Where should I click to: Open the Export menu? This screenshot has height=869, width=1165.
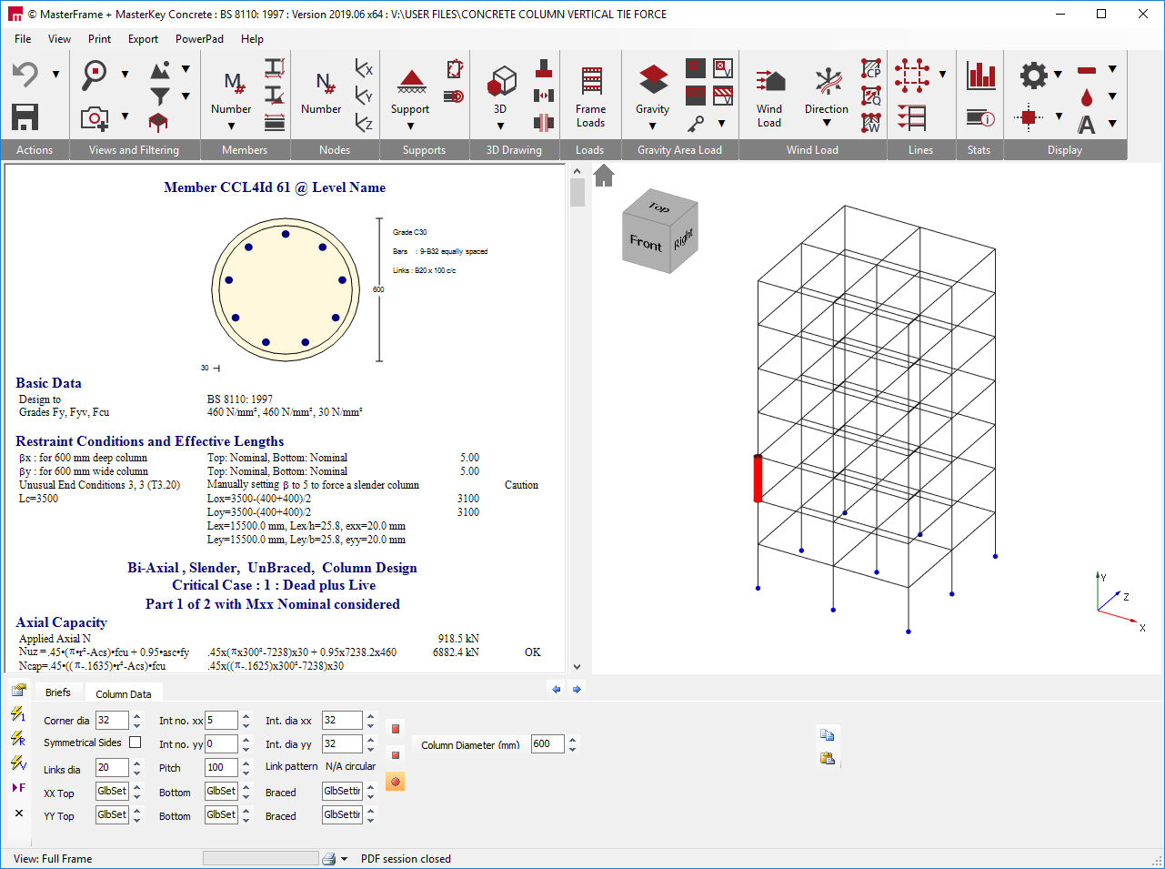click(x=143, y=39)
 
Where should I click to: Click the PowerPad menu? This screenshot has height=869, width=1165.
click(x=199, y=39)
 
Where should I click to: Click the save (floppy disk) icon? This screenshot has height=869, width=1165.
click(x=25, y=116)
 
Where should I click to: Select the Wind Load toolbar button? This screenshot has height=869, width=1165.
click(x=769, y=96)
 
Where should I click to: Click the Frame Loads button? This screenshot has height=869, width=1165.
click(x=590, y=96)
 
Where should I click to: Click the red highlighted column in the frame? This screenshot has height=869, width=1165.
click(x=758, y=479)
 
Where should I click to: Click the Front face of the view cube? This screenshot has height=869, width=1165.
click(x=646, y=243)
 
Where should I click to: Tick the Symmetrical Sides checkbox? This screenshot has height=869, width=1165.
click(x=136, y=743)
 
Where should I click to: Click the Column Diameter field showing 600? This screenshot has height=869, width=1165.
click(x=546, y=744)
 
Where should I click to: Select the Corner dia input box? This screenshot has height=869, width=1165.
click(x=111, y=721)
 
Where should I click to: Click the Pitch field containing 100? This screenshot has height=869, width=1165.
click(x=220, y=768)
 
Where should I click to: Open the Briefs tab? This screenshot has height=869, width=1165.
click(x=58, y=692)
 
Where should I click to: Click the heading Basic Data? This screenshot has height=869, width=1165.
click(x=48, y=383)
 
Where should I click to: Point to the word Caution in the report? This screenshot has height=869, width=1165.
click(x=521, y=485)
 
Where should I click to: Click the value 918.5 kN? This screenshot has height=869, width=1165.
click(x=458, y=639)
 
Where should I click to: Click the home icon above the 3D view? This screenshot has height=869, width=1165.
click(x=604, y=175)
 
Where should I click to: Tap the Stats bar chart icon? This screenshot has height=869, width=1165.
click(x=981, y=76)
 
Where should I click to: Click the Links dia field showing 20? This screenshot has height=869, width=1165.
click(x=111, y=768)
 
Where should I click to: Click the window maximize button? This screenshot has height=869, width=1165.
click(x=1101, y=14)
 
